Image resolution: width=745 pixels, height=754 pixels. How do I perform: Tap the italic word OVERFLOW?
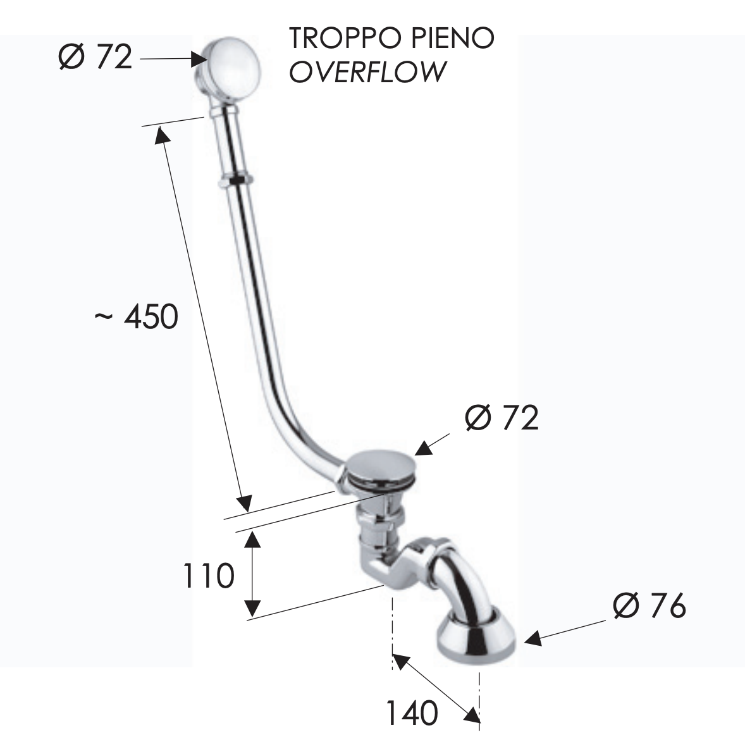[x=367, y=71]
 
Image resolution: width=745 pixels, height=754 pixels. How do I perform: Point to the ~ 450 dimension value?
[x=137, y=316]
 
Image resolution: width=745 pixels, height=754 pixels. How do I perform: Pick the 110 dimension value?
[x=209, y=576]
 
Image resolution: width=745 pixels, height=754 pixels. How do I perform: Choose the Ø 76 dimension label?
[x=650, y=607]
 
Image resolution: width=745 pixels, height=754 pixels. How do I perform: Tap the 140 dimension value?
[x=412, y=714]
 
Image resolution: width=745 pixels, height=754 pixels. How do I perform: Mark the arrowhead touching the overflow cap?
[x=200, y=59]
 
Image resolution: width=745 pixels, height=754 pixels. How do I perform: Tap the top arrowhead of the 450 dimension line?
[x=161, y=135]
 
